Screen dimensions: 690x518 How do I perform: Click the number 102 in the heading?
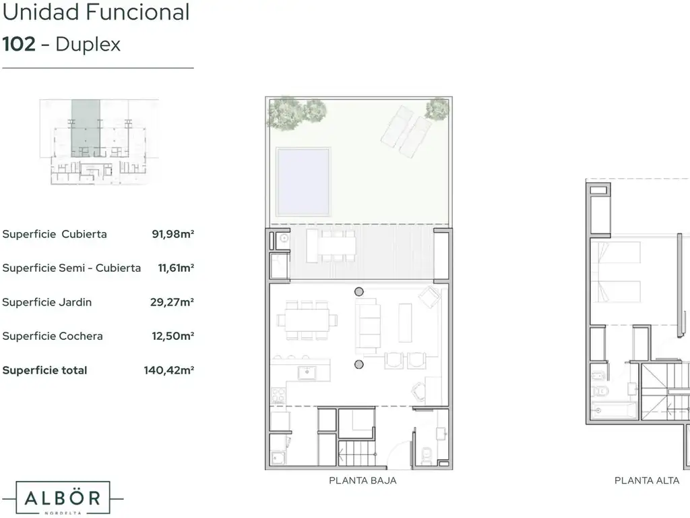coord(19,44)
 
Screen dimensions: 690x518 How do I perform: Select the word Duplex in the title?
coord(88,45)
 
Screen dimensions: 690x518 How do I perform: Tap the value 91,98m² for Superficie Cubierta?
coord(173,234)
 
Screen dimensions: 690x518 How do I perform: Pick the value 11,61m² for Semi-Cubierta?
coord(176,268)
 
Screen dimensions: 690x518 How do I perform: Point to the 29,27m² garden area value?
coord(172,302)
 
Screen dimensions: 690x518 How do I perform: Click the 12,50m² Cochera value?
coord(173,336)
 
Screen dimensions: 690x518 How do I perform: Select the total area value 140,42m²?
coord(169,370)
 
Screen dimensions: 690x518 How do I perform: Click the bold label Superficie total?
coord(45,370)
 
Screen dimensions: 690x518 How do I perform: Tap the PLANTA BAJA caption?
coord(363,480)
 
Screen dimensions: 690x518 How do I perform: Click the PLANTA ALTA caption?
coord(647,480)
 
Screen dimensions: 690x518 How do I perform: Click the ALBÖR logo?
coord(63,498)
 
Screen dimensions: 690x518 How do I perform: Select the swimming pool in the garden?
coord(303,182)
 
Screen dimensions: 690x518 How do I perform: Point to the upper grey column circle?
coord(359,291)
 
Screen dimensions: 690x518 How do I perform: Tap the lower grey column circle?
coord(359,364)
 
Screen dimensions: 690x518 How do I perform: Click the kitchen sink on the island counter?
coord(307,373)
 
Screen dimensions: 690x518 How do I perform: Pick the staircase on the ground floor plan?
coord(357,453)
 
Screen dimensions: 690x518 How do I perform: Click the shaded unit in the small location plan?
coord(86,128)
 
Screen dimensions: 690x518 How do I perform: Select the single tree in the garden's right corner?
coord(437,109)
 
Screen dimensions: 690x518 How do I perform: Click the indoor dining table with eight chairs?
coord(307,320)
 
